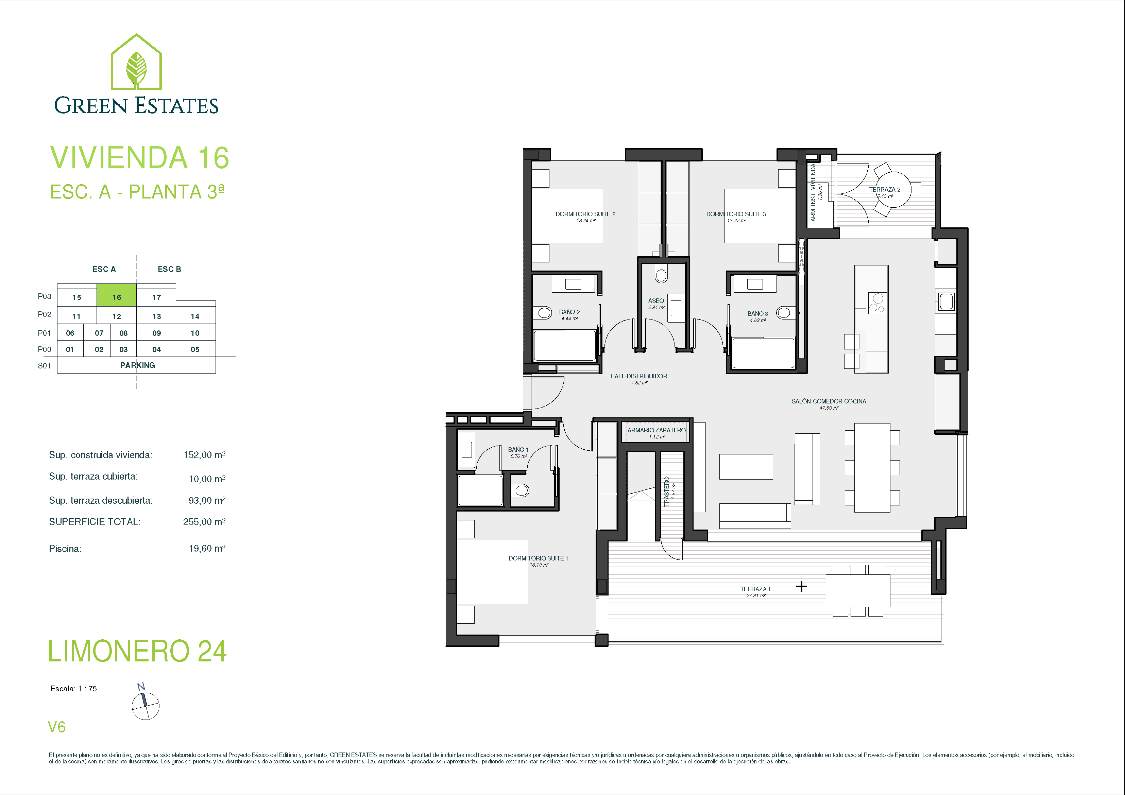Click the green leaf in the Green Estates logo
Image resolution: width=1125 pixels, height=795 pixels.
coord(136,70)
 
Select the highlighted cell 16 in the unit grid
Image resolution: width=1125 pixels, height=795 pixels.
coord(117,295)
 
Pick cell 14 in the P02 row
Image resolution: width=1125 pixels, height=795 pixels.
coord(195,316)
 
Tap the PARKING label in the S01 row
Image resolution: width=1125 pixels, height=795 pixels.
coord(137,365)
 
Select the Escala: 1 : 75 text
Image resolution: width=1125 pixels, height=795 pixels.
coord(73,689)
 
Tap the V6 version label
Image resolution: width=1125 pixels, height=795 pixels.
coord(56,727)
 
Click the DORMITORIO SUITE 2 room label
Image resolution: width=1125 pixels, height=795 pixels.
coord(585,214)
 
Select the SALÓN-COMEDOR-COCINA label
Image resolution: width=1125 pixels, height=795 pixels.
coord(829,401)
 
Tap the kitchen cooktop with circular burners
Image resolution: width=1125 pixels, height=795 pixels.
coord(877,303)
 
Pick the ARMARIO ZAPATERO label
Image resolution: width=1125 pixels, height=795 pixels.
coord(657,430)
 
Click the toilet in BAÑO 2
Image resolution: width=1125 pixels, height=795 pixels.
coord(545,312)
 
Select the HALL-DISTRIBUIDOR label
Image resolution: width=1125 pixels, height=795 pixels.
coord(639,376)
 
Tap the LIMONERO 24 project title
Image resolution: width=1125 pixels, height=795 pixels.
coord(138,651)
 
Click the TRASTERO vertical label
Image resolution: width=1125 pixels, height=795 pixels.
coord(666,491)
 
